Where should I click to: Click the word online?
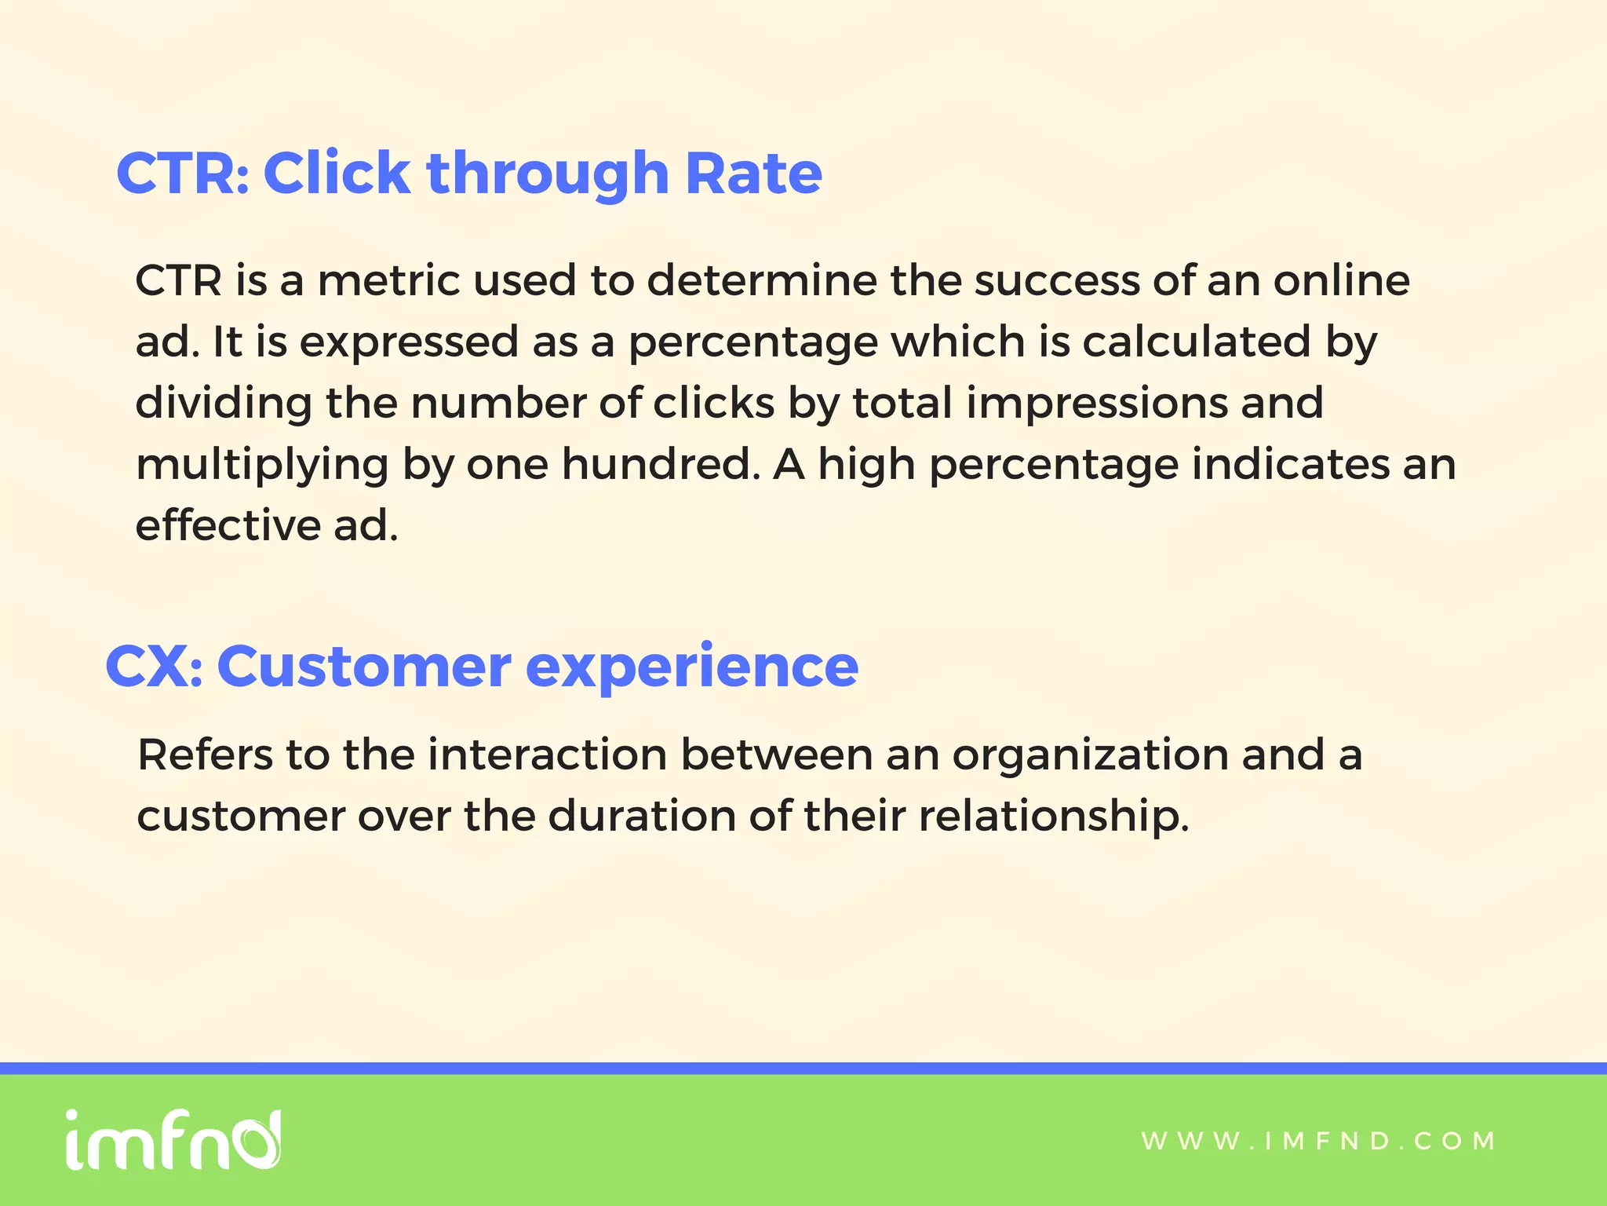(1341, 280)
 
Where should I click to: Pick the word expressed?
(409, 343)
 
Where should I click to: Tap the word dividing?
(224, 404)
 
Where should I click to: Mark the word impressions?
(1096, 404)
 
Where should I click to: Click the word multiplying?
(262, 466)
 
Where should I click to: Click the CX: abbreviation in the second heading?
(154, 667)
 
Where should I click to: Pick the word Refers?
(205, 755)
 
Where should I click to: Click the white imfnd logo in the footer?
(173, 1140)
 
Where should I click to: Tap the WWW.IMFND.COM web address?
(1318, 1141)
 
